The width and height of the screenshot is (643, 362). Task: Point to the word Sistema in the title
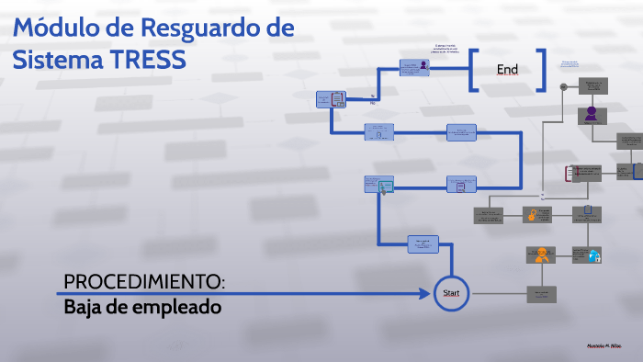(56, 59)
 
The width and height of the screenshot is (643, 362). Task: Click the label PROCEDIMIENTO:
(144, 280)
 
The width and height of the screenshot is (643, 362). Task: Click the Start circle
(451, 293)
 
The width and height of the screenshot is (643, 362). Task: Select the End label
(507, 70)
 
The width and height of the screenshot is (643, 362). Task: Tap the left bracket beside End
(473, 70)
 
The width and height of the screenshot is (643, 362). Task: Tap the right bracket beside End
(542, 70)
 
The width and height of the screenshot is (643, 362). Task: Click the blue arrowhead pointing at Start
(426, 294)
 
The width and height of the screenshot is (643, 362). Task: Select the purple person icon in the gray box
(591, 114)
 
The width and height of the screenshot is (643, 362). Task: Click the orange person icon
(542, 255)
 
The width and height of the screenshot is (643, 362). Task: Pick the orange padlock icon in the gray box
(531, 215)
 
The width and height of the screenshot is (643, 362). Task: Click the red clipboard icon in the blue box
(337, 98)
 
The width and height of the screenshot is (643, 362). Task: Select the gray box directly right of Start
(541, 294)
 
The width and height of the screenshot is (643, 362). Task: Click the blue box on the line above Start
(423, 243)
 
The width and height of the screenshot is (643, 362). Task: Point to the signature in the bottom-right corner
(604, 346)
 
